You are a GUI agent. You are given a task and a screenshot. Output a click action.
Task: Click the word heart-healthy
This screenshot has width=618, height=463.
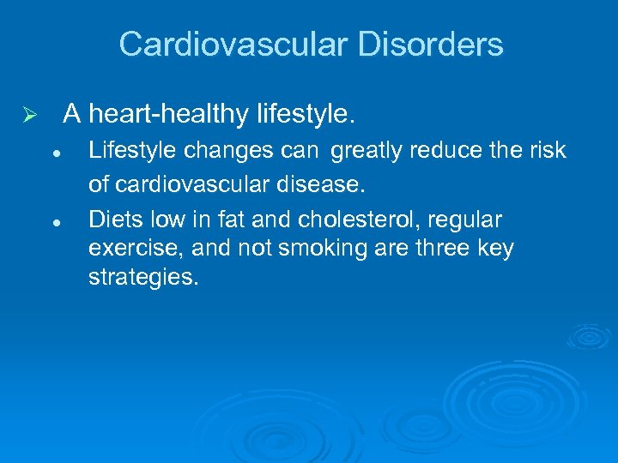[x=169, y=113]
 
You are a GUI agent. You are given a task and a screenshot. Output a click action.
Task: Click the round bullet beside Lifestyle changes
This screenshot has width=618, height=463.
[x=54, y=152]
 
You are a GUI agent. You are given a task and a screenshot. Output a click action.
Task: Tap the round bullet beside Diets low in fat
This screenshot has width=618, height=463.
[x=54, y=221]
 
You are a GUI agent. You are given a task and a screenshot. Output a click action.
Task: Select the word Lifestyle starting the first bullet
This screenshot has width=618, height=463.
[x=130, y=151]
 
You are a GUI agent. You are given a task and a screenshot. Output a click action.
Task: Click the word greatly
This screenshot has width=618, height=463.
[x=367, y=151]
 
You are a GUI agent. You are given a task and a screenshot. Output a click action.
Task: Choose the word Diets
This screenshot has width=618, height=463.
[x=114, y=220]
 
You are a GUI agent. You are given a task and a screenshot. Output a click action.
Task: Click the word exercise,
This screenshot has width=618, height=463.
[x=127, y=250]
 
